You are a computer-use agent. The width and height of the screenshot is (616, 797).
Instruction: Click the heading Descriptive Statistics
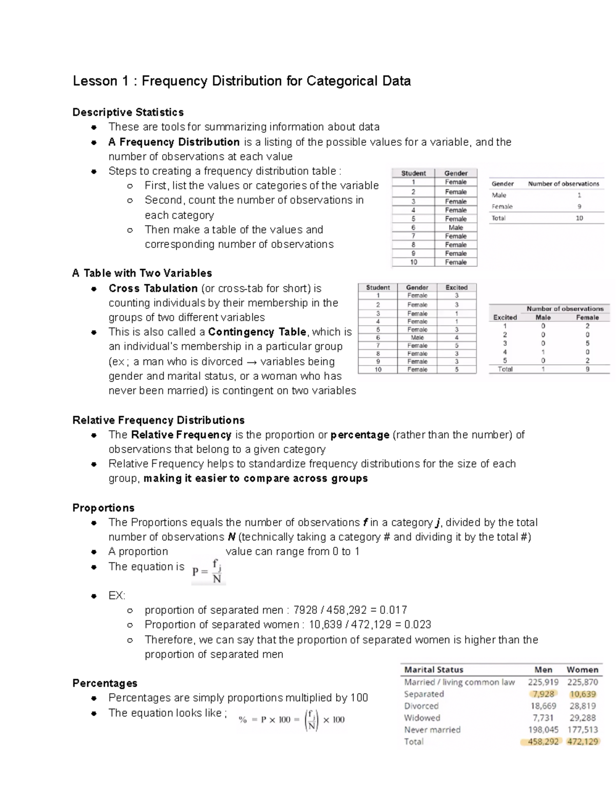tap(128, 112)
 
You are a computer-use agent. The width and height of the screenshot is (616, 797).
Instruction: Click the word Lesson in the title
tap(94, 81)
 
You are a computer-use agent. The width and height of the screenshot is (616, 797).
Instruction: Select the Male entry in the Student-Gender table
tap(455, 227)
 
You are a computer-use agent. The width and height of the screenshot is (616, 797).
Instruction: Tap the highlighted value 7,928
tap(543, 694)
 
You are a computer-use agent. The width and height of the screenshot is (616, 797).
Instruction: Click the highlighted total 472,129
tap(582, 742)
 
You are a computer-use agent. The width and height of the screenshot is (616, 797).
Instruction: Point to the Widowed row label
tap(421, 717)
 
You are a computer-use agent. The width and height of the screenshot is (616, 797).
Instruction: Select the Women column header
tap(582, 670)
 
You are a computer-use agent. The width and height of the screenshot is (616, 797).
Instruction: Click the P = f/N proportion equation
tap(208, 571)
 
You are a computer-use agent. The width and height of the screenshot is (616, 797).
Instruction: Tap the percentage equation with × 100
tap(292, 720)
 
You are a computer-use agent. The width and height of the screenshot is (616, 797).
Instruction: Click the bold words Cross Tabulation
tap(153, 288)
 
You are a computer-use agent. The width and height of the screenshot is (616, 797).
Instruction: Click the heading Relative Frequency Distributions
tap(158, 420)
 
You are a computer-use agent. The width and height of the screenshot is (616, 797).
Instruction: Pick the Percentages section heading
tap(105, 683)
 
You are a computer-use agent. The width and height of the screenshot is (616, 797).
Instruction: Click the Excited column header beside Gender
tap(456, 287)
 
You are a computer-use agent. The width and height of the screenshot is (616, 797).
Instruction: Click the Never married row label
tap(432, 729)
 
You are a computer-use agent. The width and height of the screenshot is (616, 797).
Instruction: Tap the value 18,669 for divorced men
tap(543, 706)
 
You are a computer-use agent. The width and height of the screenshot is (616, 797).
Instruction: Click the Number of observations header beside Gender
tap(563, 184)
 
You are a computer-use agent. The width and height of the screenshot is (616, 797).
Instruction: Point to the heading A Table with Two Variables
tap(142, 273)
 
